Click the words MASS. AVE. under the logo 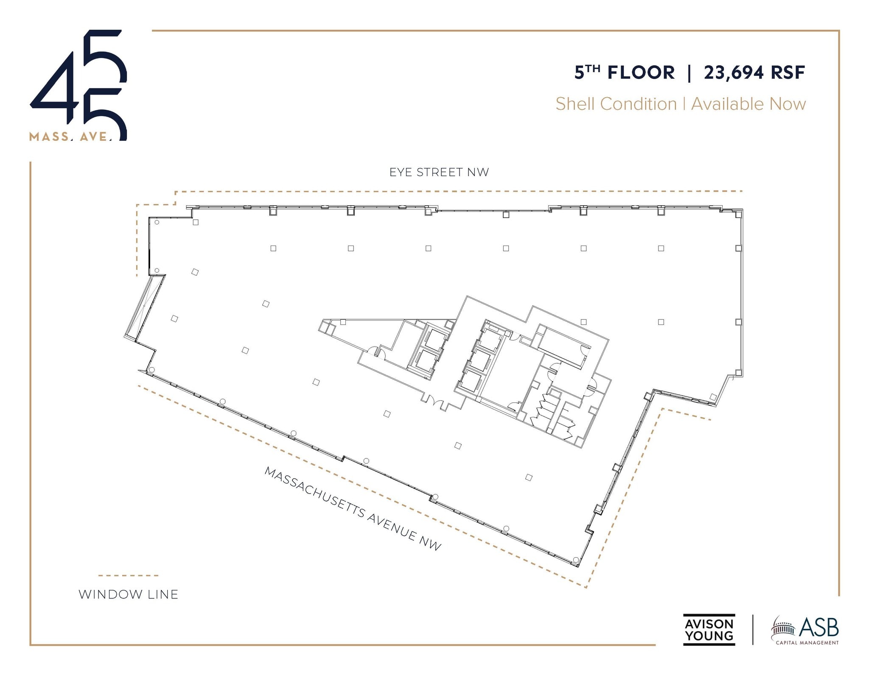(70, 137)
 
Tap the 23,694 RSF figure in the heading (754, 73)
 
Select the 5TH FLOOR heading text (624, 73)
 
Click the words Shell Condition (616, 104)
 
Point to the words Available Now (748, 104)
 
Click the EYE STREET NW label (439, 172)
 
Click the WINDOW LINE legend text (128, 595)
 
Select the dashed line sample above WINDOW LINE (128, 575)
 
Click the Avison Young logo (709, 630)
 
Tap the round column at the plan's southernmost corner (576, 560)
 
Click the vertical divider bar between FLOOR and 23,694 (689, 73)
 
